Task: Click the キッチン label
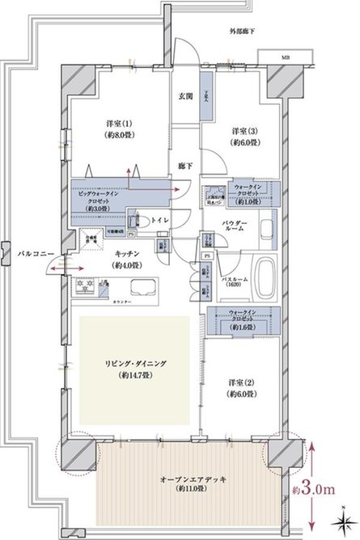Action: pos(125,260)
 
